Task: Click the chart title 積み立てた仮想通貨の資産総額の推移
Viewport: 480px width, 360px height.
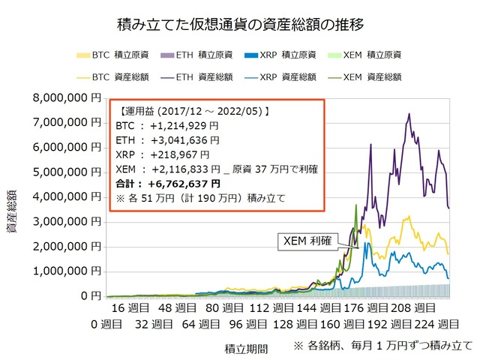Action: tap(241, 25)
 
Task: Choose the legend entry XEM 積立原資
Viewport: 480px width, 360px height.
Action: tap(358, 55)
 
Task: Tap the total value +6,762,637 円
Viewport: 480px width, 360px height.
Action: tap(185, 183)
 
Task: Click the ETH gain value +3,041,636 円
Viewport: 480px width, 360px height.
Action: tap(184, 140)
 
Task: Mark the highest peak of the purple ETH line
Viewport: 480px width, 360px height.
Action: tap(409, 114)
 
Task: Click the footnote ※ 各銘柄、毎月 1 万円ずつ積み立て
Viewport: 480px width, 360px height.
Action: tap(383, 346)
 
